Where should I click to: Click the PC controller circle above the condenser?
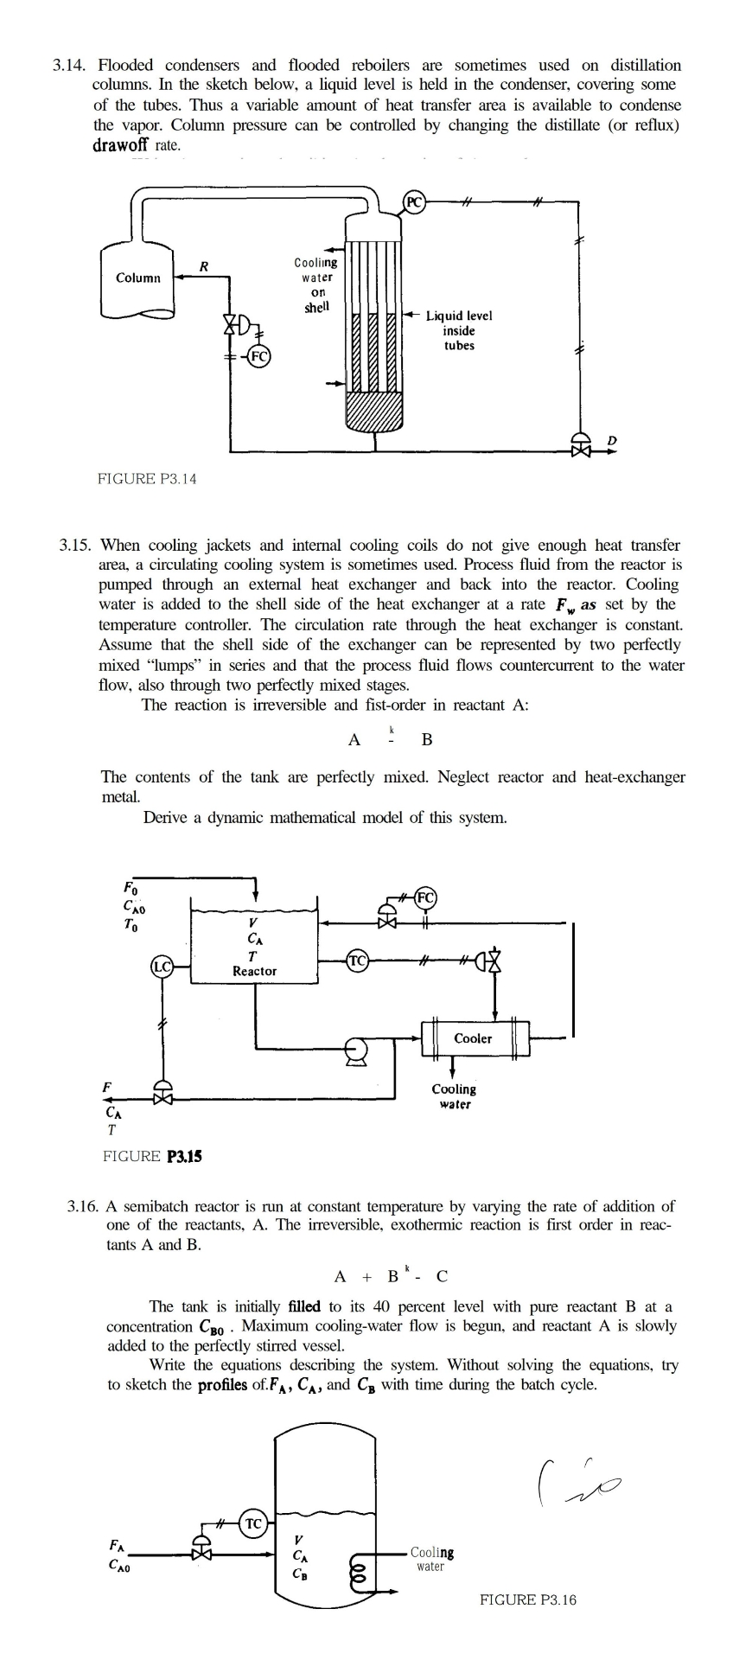coord(415,202)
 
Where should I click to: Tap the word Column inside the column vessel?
coord(138,278)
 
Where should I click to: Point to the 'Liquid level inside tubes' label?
coord(459,330)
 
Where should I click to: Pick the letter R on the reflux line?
coord(203,266)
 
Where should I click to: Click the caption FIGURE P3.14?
coord(147,478)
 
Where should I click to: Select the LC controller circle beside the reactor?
coord(162,967)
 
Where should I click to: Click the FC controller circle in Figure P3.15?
coord(426,896)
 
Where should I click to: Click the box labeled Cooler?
coord(474,1038)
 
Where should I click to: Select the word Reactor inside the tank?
coord(254,971)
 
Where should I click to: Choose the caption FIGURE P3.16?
coord(527,1599)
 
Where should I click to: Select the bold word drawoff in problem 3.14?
coord(124,145)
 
